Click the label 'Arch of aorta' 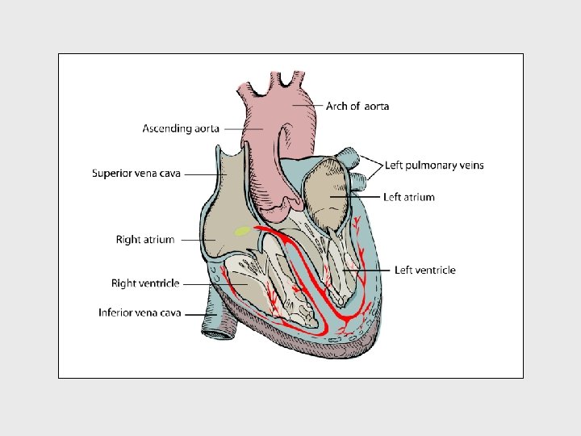(x=357, y=107)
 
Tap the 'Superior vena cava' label (x=136, y=173)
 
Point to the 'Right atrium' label (x=145, y=240)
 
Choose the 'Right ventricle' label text (x=145, y=283)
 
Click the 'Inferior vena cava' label (x=140, y=312)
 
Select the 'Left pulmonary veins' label (x=434, y=166)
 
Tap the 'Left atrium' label (x=409, y=197)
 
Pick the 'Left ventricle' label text (x=425, y=270)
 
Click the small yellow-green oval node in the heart (x=242, y=232)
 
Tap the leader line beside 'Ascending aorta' (x=241, y=128)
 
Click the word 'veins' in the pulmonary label (x=469, y=166)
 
